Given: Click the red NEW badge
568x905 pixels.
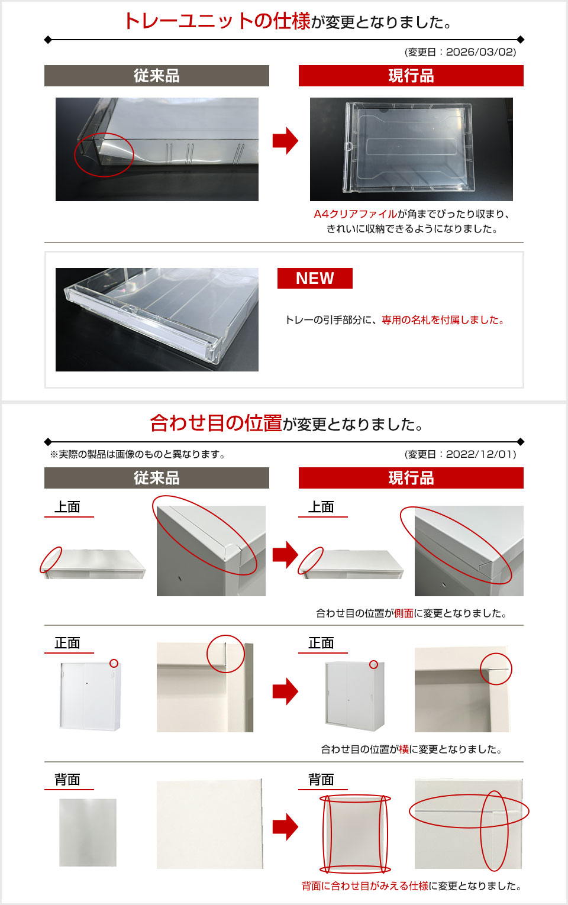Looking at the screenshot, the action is click(x=315, y=278).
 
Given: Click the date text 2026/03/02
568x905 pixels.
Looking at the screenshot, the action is click(x=480, y=52).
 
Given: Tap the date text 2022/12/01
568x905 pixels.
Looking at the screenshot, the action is click(x=480, y=454).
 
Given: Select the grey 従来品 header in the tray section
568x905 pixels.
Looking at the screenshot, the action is click(x=156, y=76).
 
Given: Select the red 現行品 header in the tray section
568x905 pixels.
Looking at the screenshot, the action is click(x=411, y=76).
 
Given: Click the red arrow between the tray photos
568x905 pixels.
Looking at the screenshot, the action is click(x=285, y=141).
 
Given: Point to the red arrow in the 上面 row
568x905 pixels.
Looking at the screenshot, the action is click(x=285, y=555).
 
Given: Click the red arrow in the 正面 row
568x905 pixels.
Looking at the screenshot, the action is click(x=285, y=691).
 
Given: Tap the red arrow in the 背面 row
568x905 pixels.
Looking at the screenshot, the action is click(x=285, y=827).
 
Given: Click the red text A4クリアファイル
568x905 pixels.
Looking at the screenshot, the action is click(x=356, y=214).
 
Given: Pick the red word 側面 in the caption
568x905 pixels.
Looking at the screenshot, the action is click(x=404, y=613).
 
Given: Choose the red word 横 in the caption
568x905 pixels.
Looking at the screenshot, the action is click(x=404, y=749).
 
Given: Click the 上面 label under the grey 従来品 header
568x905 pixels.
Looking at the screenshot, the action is click(x=67, y=507).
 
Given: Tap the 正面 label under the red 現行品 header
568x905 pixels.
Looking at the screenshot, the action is click(x=321, y=643).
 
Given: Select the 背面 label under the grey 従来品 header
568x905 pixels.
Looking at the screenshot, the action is click(x=67, y=780).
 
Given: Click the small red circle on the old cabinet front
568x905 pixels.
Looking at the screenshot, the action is click(x=114, y=664).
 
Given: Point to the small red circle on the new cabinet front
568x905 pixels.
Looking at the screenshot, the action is click(x=373, y=665).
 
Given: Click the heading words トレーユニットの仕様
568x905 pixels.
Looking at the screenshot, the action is click(x=217, y=21).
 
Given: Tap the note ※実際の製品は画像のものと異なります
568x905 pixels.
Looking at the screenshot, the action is click(x=137, y=454).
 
